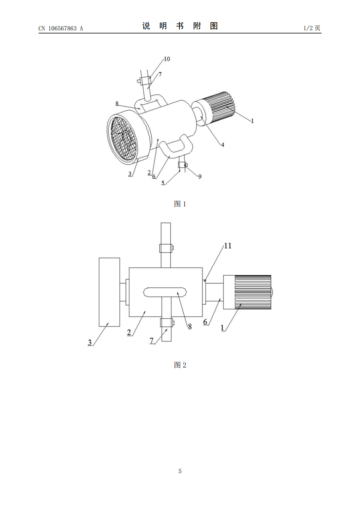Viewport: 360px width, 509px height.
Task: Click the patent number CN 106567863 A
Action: (x=61, y=28)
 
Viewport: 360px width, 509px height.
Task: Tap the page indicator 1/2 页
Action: (x=312, y=28)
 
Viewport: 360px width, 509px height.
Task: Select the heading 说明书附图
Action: (x=180, y=26)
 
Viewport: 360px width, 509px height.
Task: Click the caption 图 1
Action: (x=180, y=204)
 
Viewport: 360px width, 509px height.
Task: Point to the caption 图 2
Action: (x=180, y=365)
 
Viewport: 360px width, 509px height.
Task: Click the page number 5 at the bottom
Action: (x=180, y=471)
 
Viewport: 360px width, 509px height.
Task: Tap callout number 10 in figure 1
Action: (x=167, y=59)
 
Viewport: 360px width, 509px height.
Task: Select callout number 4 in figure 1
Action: (x=223, y=145)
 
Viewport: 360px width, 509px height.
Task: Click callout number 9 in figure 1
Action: (x=200, y=177)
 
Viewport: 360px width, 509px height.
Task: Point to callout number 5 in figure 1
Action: (x=163, y=183)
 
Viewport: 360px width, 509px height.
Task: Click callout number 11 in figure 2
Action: (x=227, y=246)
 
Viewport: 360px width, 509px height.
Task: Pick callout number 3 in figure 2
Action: (x=90, y=342)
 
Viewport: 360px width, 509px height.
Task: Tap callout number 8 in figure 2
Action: (x=190, y=326)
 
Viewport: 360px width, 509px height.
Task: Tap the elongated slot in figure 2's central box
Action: (x=165, y=292)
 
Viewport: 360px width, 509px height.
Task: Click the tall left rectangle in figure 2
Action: (x=110, y=292)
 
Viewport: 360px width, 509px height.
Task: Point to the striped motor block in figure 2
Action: (x=247, y=292)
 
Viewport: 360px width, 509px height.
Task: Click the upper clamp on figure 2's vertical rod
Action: (x=166, y=248)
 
